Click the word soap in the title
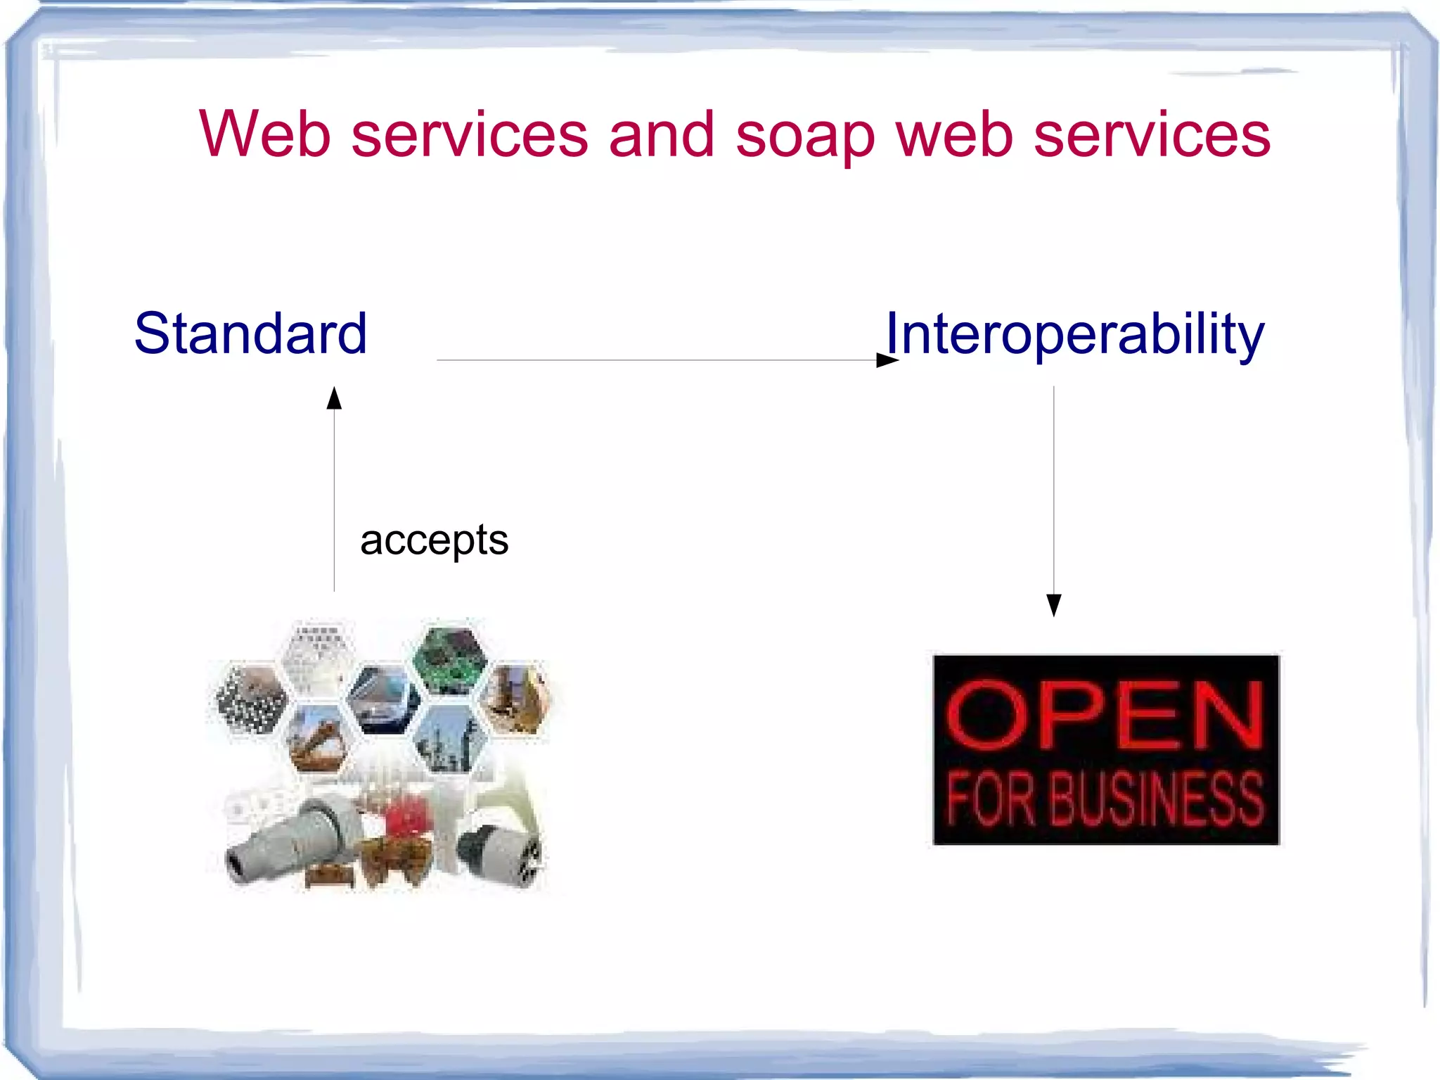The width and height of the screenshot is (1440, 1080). point(804,136)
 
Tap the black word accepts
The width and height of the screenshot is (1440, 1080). point(434,540)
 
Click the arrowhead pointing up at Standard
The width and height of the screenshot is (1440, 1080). point(334,398)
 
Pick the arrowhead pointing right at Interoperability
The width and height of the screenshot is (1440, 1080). point(887,360)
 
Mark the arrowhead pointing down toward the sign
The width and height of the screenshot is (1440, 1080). point(1053,604)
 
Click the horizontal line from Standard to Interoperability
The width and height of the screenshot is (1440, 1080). point(654,360)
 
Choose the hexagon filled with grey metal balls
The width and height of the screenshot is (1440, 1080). point(251,699)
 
